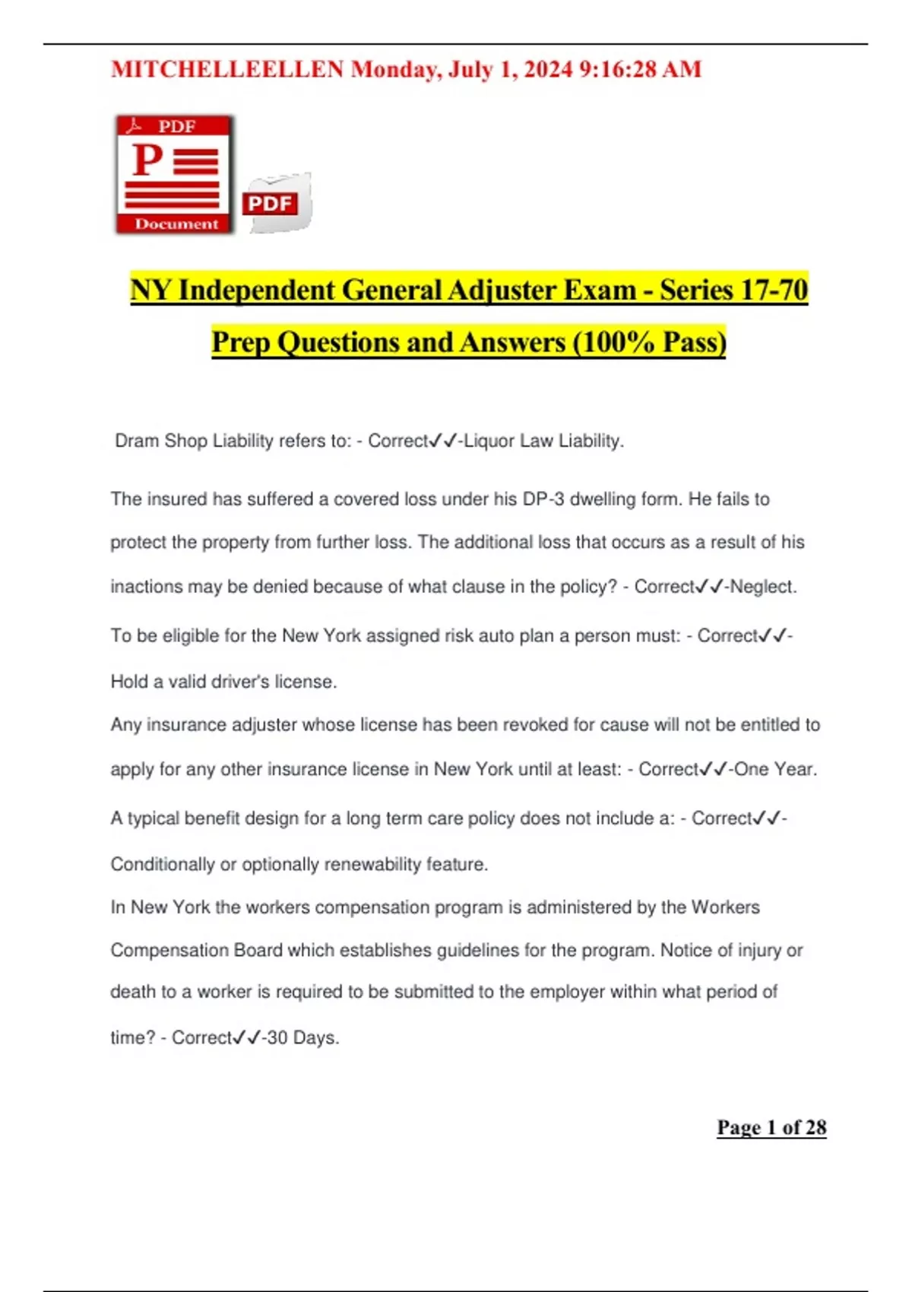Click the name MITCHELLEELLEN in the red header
pos(227,70)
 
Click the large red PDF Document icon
pos(175,174)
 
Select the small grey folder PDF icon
pos(277,203)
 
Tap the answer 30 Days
pos(302,1038)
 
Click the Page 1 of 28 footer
pos(771,1128)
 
